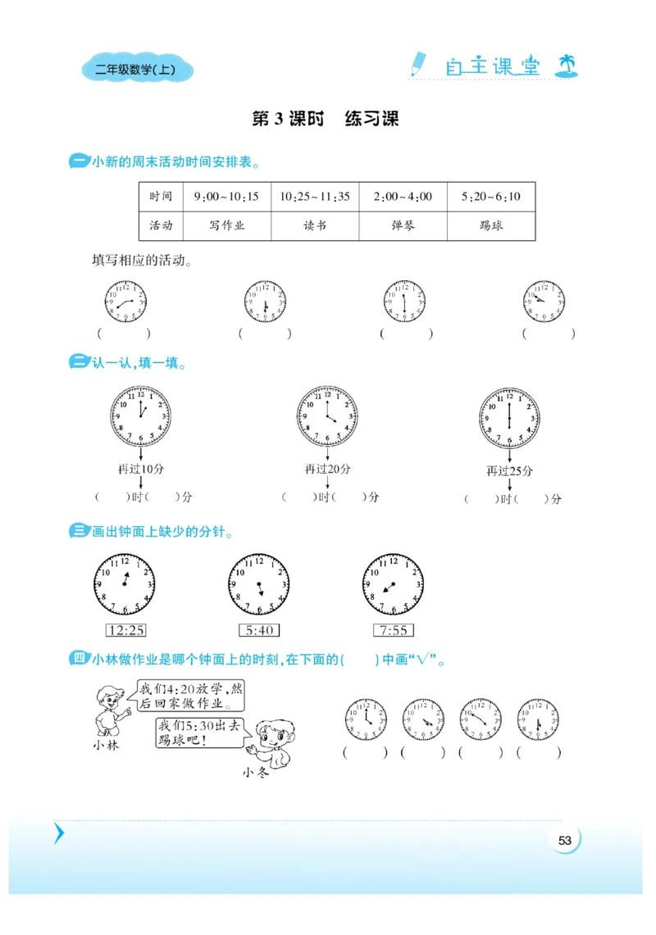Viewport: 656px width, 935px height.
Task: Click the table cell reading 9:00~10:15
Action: click(x=226, y=197)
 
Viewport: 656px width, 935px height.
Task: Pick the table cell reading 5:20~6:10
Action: click(x=491, y=197)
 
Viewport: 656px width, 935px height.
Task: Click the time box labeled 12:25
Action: click(x=125, y=630)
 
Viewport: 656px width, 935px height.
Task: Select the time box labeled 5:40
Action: click(x=258, y=630)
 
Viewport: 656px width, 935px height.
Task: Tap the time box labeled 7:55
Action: click(x=393, y=630)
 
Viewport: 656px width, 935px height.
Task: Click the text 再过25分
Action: click(x=509, y=471)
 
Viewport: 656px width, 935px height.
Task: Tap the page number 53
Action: click(x=564, y=840)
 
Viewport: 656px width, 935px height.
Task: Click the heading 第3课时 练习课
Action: click(x=326, y=120)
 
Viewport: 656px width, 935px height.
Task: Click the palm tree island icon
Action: click(x=566, y=66)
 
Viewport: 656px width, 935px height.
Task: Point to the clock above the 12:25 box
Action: click(x=125, y=584)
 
